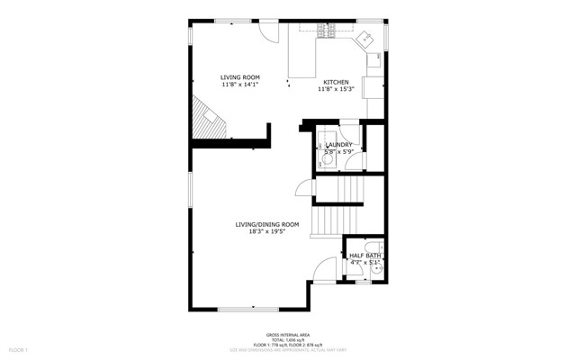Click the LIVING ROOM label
coord(240,78)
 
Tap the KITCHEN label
coord(336,81)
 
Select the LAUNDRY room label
coord(338,144)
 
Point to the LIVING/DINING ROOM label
coord(266,224)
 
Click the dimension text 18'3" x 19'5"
coord(266,232)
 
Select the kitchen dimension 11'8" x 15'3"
coord(336,89)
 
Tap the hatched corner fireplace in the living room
coord(206,119)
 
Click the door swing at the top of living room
coord(267,30)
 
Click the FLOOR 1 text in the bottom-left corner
coord(19,349)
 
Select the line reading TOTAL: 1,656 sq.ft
coord(287,338)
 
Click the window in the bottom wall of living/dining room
coord(248,309)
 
